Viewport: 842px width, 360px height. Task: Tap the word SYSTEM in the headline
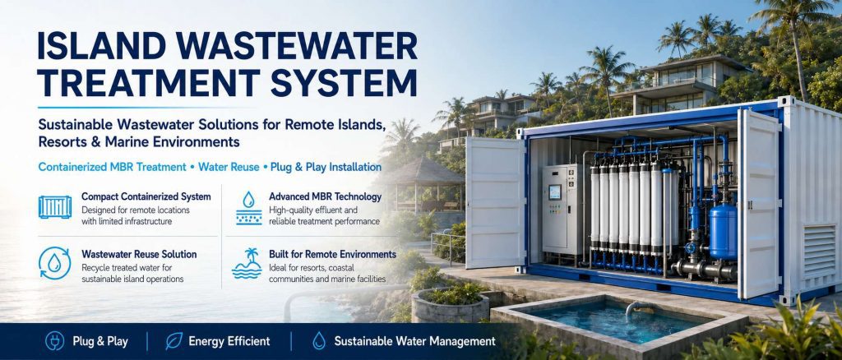(x=343, y=83)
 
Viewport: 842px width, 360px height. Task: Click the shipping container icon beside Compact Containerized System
(x=55, y=207)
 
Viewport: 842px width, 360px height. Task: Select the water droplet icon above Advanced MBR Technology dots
(x=248, y=200)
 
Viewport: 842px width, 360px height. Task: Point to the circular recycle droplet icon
(x=55, y=263)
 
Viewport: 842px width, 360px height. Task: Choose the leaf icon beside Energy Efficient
(x=174, y=341)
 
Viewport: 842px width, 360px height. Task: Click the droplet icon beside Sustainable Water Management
(x=319, y=341)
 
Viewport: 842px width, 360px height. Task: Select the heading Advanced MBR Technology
(x=326, y=197)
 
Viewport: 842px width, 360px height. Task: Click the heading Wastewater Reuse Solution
(x=139, y=254)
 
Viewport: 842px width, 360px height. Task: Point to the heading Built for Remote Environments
(x=332, y=254)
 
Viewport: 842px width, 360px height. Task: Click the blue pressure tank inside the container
(x=723, y=232)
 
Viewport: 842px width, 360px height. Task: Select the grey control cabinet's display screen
(x=555, y=192)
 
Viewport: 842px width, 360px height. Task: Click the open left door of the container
(x=495, y=203)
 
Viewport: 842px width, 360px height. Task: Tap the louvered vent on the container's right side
(x=820, y=251)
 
